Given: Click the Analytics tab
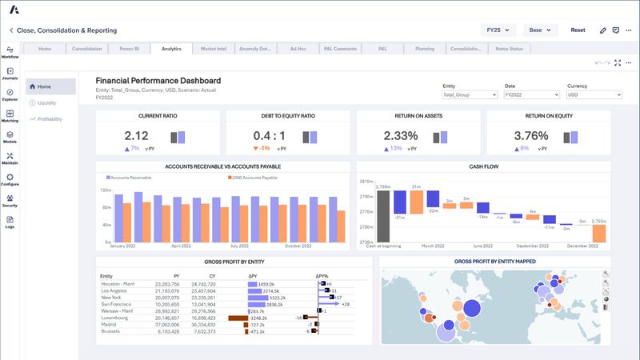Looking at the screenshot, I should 171,49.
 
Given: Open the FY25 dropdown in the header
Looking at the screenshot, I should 497,30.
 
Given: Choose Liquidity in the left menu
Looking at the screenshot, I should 46,102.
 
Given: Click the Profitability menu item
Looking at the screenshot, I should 49,118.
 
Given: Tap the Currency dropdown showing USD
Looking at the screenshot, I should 594,94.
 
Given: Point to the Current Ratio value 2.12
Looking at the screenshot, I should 137,136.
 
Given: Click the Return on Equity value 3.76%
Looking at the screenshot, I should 530,136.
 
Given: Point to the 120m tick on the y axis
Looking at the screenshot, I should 105,190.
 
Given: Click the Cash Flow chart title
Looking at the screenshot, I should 483,166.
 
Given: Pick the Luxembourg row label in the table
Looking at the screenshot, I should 116,317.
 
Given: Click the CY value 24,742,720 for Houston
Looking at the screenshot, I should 200,284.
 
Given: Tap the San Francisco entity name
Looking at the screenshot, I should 118,304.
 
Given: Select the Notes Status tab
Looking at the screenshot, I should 509,49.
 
